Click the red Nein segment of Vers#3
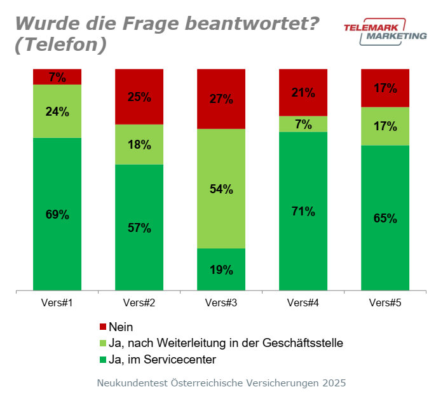point(221,99)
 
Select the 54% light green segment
point(221,189)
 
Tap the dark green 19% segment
point(221,269)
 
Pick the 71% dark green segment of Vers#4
point(303,211)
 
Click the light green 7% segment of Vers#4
point(303,124)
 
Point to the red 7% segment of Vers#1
point(57,77)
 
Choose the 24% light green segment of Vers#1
point(57,111)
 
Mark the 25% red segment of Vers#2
point(139,97)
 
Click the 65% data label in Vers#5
point(385,219)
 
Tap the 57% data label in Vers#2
point(139,228)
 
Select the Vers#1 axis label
point(57,303)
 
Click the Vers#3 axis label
point(221,303)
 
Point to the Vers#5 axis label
point(385,303)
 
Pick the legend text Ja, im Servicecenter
point(162,359)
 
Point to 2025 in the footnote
point(334,384)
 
